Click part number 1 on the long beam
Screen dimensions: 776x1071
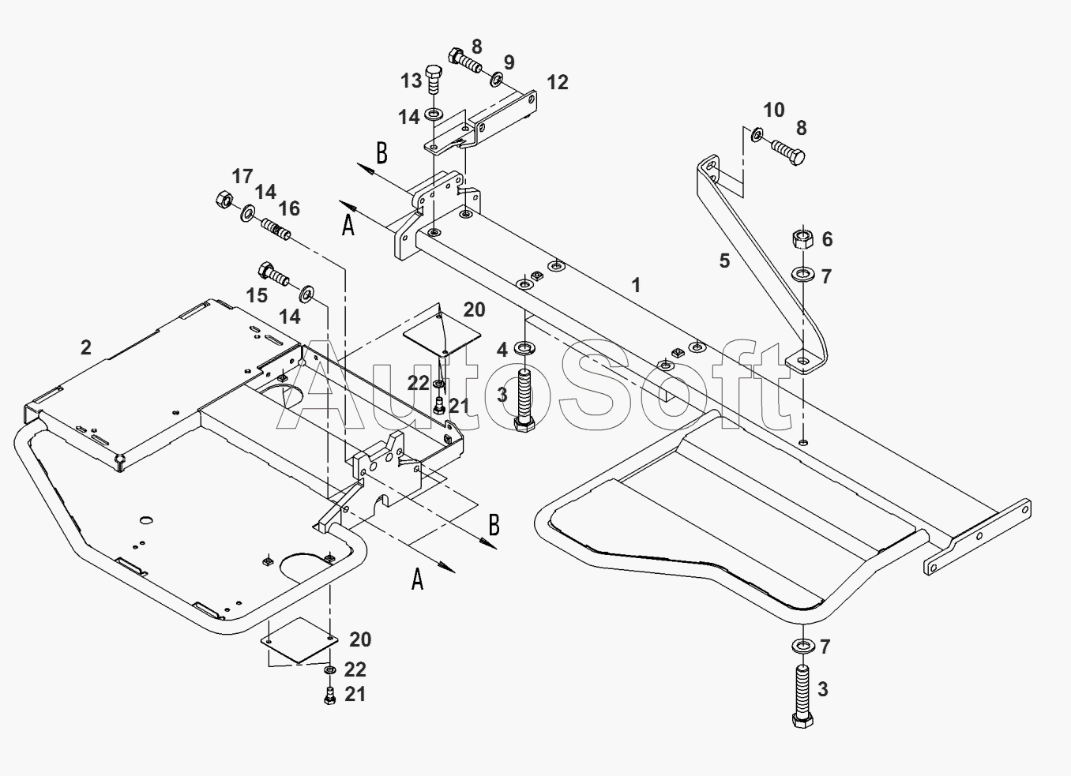click(637, 285)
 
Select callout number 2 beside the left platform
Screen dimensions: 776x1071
click(86, 347)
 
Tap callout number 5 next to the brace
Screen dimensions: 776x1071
click(724, 261)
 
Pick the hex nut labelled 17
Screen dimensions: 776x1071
click(223, 200)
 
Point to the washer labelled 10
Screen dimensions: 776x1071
click(756, 135)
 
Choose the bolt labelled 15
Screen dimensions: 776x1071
click(272, 276)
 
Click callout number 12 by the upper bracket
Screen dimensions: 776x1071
click(557, 83)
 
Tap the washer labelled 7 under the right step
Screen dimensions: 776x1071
click(802, 646)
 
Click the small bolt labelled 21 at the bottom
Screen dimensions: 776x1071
click(330, 695)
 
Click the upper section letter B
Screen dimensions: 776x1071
click(381, 153)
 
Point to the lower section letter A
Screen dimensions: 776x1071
click(418, 580)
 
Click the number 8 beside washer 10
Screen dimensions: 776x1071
click(801, 128)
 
